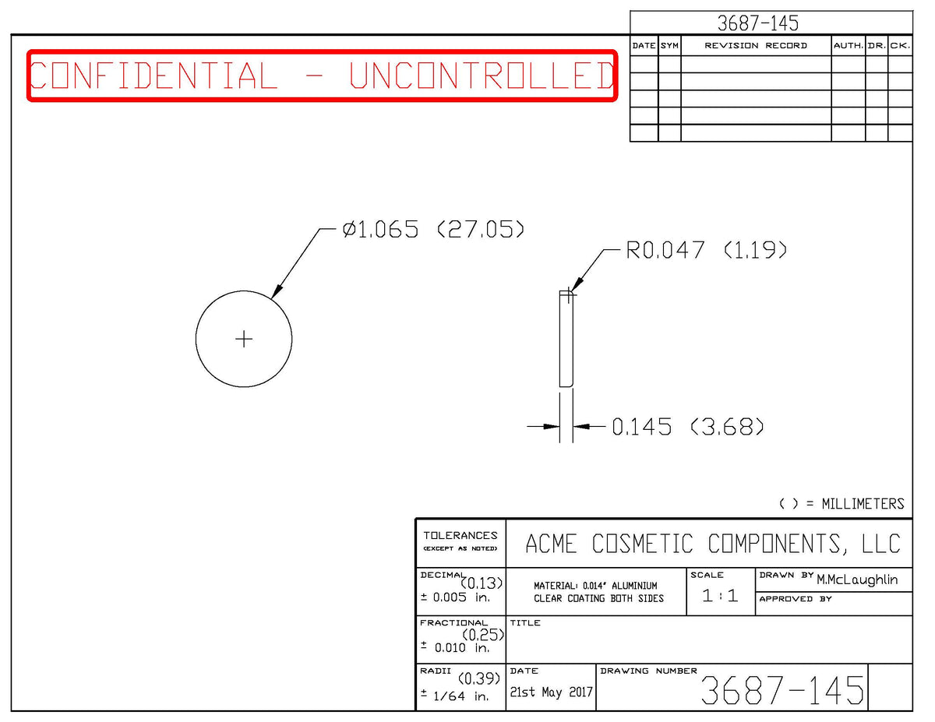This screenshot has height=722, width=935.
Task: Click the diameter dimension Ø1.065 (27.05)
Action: [433, 229]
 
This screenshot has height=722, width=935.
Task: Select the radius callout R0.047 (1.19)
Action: [706, 250]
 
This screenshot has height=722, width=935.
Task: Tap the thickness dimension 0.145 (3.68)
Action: [687, 427]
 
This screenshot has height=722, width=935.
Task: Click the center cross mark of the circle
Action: [244, 339]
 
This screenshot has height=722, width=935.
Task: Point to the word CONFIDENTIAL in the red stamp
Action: [153, 76]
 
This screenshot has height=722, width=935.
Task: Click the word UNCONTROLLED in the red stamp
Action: [481, 76]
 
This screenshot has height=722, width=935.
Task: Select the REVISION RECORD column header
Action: [756, 46]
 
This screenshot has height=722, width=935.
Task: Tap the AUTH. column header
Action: [848, 46]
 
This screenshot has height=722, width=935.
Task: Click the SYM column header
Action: [669, 46]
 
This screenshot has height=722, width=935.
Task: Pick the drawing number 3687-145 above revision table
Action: [757, 23]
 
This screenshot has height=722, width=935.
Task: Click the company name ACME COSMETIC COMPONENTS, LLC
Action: [712, 544]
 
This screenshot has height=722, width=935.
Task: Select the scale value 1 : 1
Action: [720, 596]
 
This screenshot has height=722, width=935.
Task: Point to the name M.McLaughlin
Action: [857, 579]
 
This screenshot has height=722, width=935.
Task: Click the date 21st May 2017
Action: [551, 692]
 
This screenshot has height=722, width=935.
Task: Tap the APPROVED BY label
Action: [796, 599]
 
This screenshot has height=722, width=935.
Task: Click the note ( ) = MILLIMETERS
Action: [841, 504]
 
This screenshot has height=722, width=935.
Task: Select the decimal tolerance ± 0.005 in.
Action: [455, 597]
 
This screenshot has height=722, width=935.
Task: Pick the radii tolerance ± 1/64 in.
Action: [455, 696]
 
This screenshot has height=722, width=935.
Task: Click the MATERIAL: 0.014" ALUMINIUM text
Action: [595, 586]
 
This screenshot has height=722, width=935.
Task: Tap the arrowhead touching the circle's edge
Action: [277, 291]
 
